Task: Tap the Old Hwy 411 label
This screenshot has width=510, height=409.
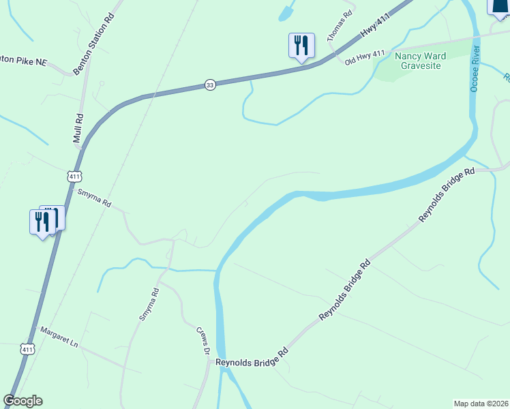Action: (365, 57)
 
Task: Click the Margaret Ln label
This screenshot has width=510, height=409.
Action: (59, 337)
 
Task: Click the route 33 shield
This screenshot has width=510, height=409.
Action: (210, 85)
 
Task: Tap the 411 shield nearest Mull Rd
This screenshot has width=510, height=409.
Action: (74, 176)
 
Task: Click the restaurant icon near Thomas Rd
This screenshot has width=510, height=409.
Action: (301, 46)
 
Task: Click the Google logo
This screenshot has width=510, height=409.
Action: (22, 401)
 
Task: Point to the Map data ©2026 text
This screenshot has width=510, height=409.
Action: (481, 403)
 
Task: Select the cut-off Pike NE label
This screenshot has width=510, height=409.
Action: (22, 61)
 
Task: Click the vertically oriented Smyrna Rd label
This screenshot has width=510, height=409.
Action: (149, 304)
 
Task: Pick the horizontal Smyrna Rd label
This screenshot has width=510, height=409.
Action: (94, 198)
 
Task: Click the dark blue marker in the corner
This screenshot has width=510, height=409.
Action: (500, 6)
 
